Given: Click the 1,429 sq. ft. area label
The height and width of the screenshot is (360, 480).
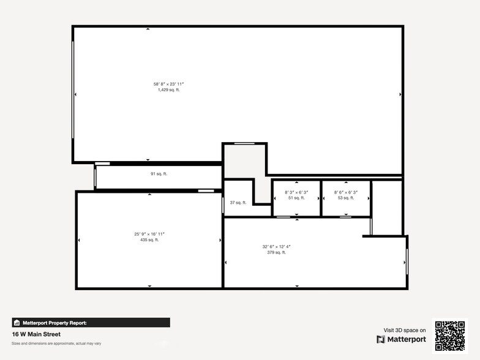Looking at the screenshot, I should (168, 90).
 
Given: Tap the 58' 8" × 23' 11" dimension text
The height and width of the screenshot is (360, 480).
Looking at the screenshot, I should (168, 84).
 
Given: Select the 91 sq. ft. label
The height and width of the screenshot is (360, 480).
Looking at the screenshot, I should (159, 174).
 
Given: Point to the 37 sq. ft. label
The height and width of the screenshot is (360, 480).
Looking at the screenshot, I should (238, 203).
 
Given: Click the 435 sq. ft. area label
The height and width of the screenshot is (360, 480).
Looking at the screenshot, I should (149, 240).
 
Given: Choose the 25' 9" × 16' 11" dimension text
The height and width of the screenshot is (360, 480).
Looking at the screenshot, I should (149, 234).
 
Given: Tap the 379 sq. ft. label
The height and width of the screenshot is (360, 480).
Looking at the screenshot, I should (276, 252).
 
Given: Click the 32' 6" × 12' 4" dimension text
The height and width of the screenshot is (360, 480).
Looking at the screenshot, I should (276, 246).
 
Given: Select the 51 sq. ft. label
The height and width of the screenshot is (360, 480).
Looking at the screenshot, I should (296, 198).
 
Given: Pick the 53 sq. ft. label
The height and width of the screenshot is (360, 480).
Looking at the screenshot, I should (346, 198).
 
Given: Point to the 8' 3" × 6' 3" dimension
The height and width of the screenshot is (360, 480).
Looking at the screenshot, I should (296, 192).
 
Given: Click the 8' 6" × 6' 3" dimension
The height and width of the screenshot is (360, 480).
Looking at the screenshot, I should (346, 192).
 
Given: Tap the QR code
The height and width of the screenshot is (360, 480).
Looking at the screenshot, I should (450, 336).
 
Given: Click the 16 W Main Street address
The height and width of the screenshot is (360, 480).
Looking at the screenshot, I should (36, 335).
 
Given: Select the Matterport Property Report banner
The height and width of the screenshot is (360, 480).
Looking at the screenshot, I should (91, 323).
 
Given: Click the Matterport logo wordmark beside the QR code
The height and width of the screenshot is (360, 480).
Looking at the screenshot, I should (401, 339).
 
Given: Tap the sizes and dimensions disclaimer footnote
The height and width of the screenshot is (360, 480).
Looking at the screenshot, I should (56, 343).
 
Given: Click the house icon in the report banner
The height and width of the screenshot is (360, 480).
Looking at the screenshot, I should (17, 323).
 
